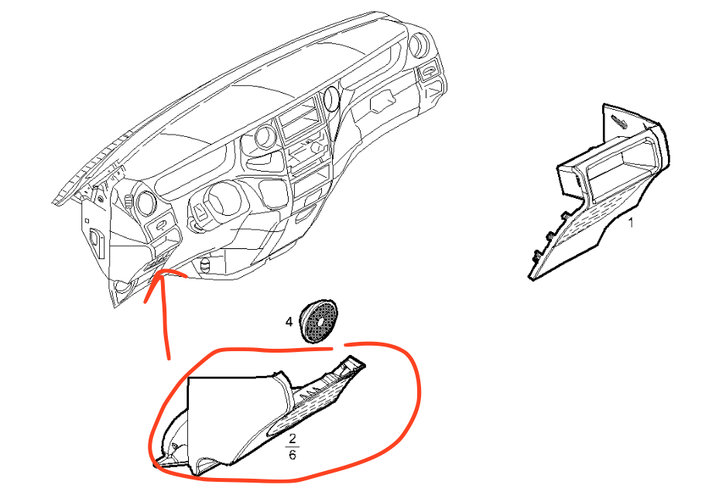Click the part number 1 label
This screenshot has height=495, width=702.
pyautogui.click(x=631, y=224)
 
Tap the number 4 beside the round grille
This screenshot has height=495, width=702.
pyautogui.click(x=289, y=320)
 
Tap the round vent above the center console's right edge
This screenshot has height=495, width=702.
pyautogui.click(x=332, y=98)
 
